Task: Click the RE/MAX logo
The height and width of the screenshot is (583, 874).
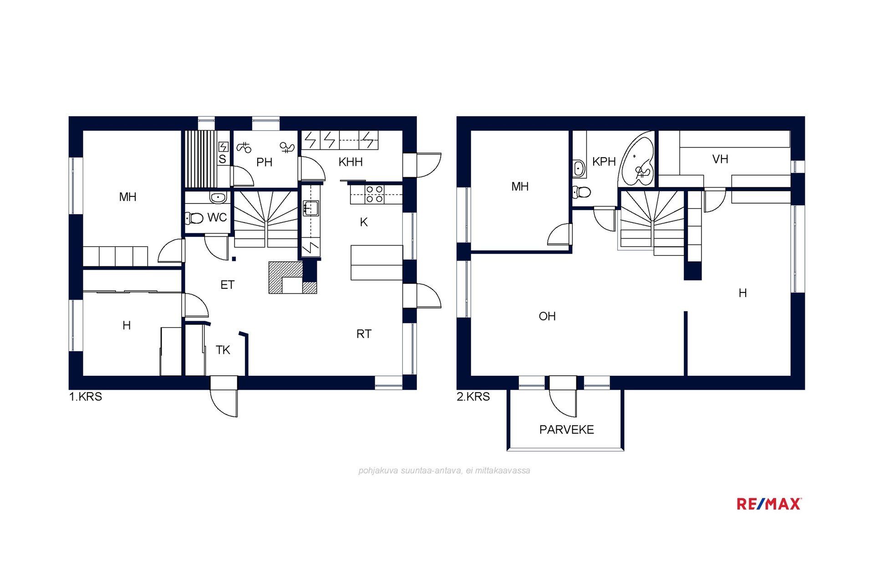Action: tap(769, 504)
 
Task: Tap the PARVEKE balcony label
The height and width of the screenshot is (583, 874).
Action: tap(566, 430)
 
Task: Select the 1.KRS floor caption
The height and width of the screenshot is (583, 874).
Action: tap(86, 397)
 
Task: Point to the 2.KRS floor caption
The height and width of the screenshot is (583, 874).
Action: tap(473, 397)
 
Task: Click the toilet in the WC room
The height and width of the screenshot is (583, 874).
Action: tap(194, 218)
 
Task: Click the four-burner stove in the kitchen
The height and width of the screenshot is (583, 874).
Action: tap(374, 194)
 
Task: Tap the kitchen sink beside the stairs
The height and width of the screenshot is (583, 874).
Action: tap(311, 208)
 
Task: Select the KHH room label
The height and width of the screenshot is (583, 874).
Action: tap(351, 162)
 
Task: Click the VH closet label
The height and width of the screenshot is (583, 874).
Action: tap(720, 159)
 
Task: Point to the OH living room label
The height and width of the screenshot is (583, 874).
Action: tap(547, 316)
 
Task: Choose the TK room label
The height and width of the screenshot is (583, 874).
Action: tap(223, 350)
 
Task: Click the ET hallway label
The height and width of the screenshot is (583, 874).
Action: tap(227, 285)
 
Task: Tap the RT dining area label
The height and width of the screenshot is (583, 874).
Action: tap(364, 334)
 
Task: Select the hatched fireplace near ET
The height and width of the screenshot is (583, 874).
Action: tap(292, 277)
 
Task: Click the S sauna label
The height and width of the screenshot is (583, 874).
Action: tap(222, 159)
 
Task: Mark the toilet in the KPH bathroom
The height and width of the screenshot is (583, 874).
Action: tap(581, 192)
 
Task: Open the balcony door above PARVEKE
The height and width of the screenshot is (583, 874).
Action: tap(563, 396)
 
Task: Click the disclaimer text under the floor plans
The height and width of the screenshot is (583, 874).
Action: tap(444, 470)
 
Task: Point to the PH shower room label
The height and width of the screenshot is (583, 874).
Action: tap(264, 162)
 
